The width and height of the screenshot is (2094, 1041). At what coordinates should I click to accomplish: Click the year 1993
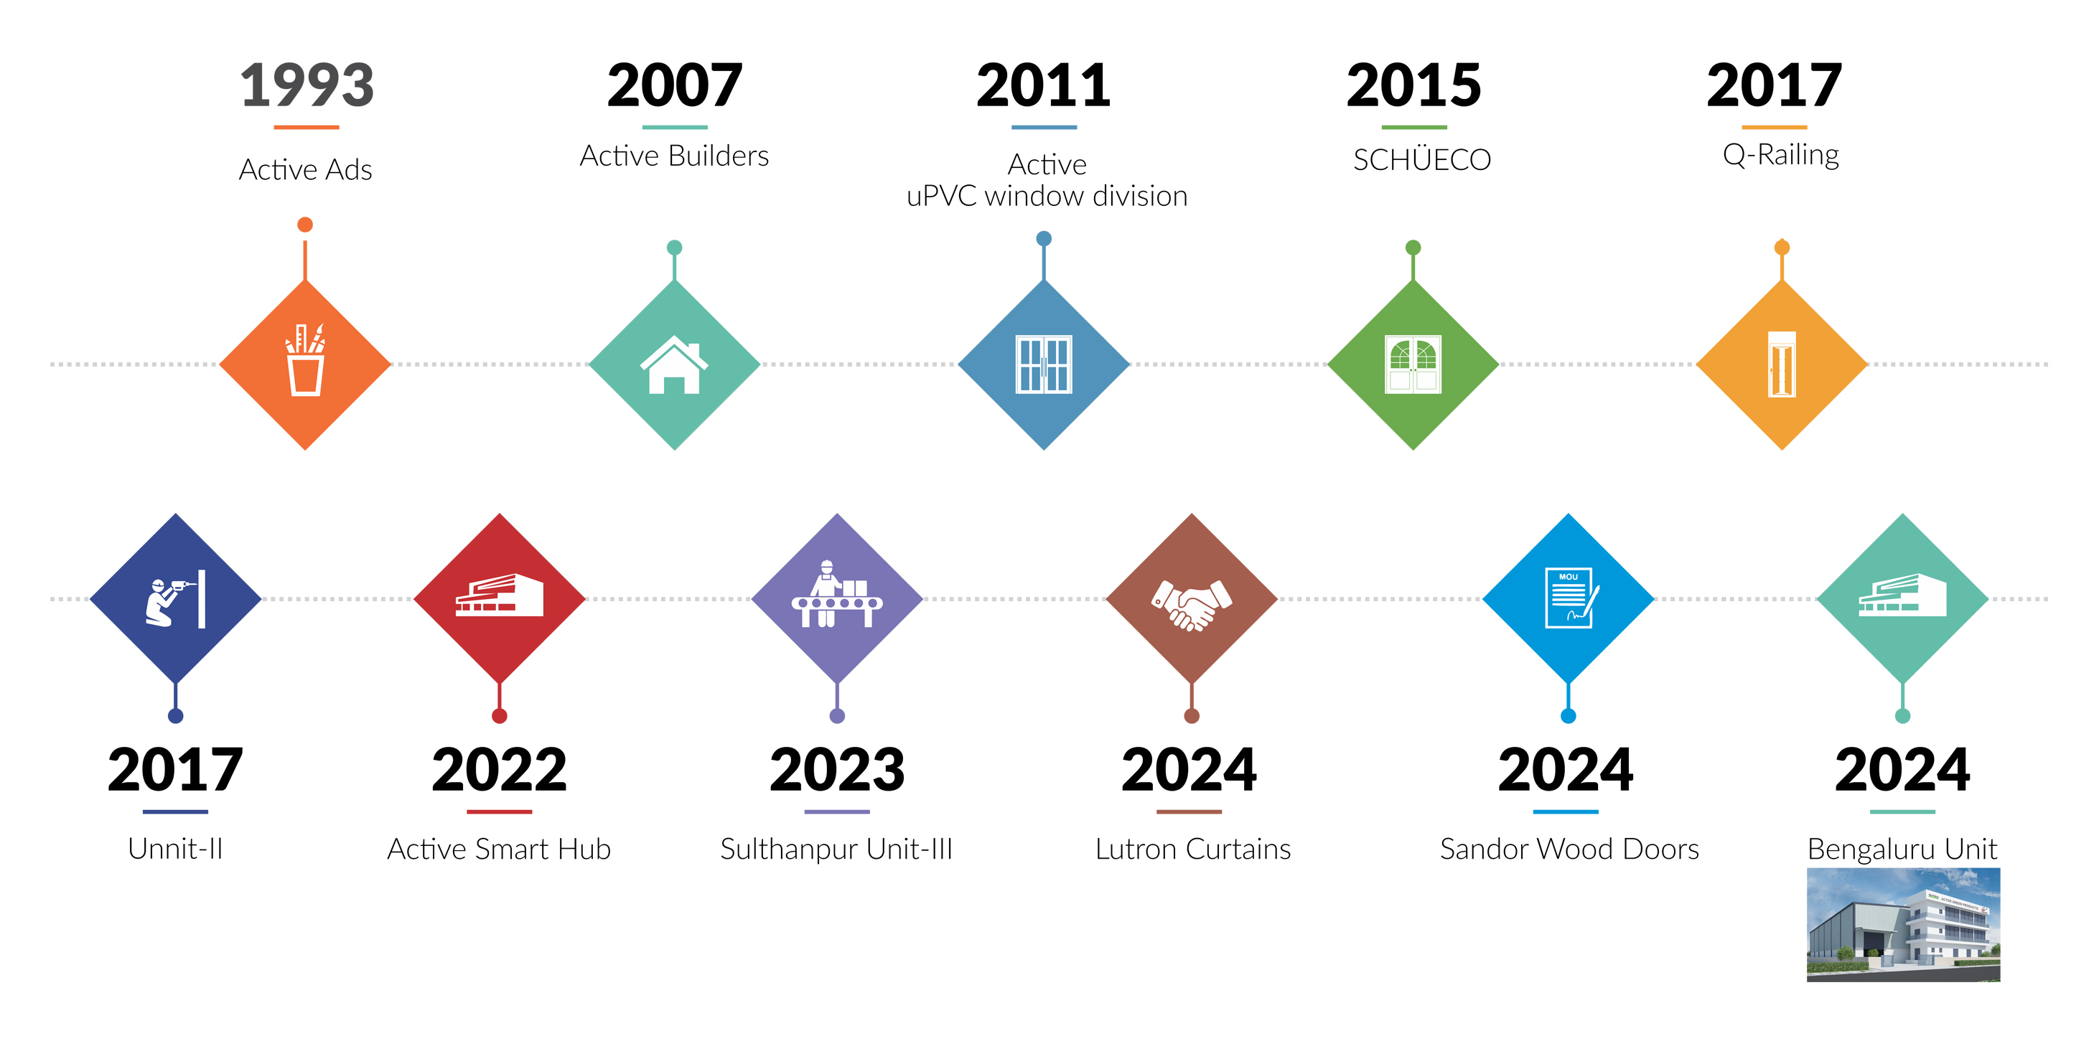(307, 85)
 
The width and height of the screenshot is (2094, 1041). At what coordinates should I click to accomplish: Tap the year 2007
(675, 85)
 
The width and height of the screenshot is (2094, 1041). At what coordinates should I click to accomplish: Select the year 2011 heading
(1044, 85)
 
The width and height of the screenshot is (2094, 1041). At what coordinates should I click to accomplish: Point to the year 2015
(1413, 85)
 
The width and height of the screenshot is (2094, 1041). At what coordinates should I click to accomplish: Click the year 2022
(499, 770)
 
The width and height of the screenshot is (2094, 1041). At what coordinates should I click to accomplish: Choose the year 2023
(837, 770)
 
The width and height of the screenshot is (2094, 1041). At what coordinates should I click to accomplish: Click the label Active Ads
(306, 169)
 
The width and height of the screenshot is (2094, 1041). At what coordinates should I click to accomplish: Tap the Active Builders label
(675, 155)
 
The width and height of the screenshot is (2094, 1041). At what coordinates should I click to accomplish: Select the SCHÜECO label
(1422, 159)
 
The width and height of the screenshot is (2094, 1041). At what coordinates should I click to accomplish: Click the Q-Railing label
(1781, 154)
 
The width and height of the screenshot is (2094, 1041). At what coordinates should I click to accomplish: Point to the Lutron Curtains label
(1192, 849)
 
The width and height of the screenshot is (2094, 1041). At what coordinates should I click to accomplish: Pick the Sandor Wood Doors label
(1569, 849)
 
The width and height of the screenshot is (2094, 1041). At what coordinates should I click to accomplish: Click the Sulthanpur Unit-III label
(836, 849)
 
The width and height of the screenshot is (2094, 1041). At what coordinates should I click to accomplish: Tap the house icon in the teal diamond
(674, 365)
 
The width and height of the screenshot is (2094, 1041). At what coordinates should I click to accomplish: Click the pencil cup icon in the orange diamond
(306, 359)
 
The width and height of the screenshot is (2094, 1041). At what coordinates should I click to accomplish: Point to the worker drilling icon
(174, 599)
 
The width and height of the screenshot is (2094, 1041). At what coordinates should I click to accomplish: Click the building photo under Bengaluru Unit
(1903, 925)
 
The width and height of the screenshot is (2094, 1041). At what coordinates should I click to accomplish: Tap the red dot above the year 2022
(499, 716)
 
